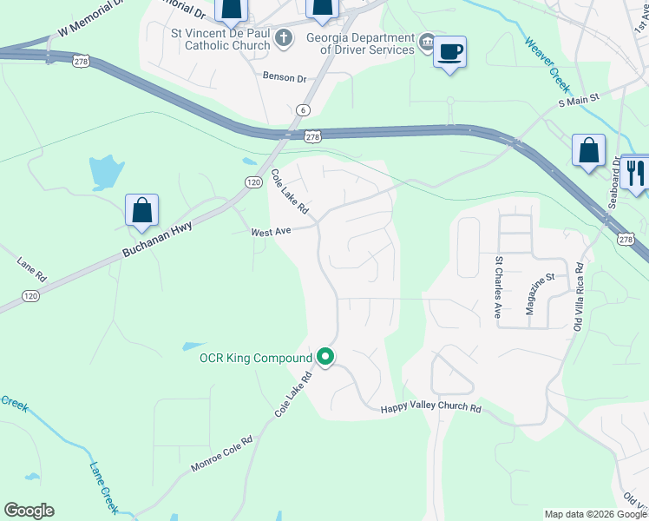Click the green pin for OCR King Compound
tap(325, 357)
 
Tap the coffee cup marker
tap(449, 52)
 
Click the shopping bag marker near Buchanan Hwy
tap(141, 210)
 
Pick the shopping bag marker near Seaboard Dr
tap(588, 150)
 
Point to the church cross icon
tap(283, 38)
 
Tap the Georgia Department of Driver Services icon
tap(427, 41)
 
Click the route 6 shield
tap(303, 109)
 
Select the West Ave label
tap(269, 232)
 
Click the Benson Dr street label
tap(285, 77)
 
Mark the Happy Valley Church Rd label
tap(430, 407)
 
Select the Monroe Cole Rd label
tap(221, 454)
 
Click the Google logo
tap(29, 511)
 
